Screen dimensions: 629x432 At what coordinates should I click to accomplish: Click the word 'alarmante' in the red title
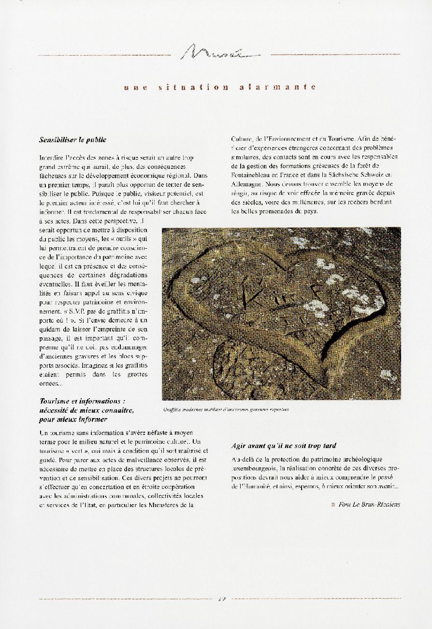pos(278,87)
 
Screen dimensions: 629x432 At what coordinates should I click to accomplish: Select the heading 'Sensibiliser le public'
pos(72,140)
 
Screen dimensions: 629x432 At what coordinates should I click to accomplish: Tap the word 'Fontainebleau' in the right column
pos(252,174)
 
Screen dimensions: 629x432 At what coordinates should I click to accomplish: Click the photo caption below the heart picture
pos(226,409)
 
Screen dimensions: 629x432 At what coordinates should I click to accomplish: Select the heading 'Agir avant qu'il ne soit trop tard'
pos(284,446)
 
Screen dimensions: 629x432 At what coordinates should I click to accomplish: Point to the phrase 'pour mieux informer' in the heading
pos(73,419)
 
